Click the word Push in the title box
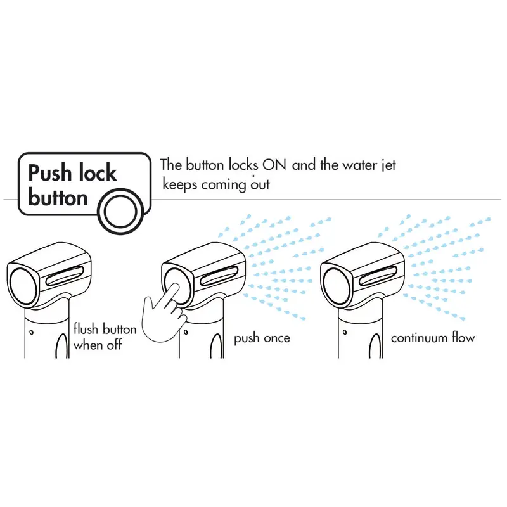[49, 172]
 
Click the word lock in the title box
[98, 172]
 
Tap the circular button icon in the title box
[121, 211]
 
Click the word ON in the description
[274, 165]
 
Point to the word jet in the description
[389, 165]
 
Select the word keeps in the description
[179, 185]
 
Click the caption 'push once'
[262, 338]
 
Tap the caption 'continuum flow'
[433, 338]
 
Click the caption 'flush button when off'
[105, 337]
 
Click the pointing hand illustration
[164, 314]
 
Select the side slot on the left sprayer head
[65, 276]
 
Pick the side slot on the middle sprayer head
[219, 276]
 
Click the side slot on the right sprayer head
[378, 276]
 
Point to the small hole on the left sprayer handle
[31, 332]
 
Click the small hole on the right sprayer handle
[345, 332]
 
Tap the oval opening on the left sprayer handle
[61, 346]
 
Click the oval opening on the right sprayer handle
[375, 346]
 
